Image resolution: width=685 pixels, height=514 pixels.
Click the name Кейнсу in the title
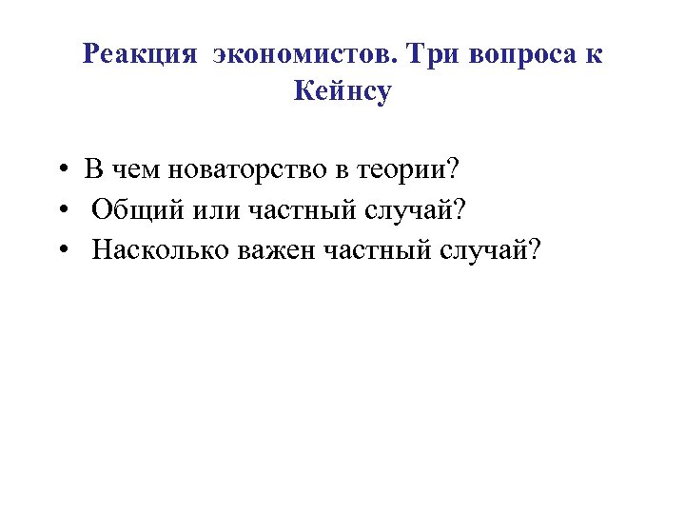342,92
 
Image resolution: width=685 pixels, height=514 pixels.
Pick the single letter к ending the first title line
595,54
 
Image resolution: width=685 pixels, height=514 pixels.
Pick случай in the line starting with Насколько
499,249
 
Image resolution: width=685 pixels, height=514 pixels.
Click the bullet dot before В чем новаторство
60,171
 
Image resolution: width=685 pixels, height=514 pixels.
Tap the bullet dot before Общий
60,210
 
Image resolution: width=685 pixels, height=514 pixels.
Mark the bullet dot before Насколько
60,250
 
